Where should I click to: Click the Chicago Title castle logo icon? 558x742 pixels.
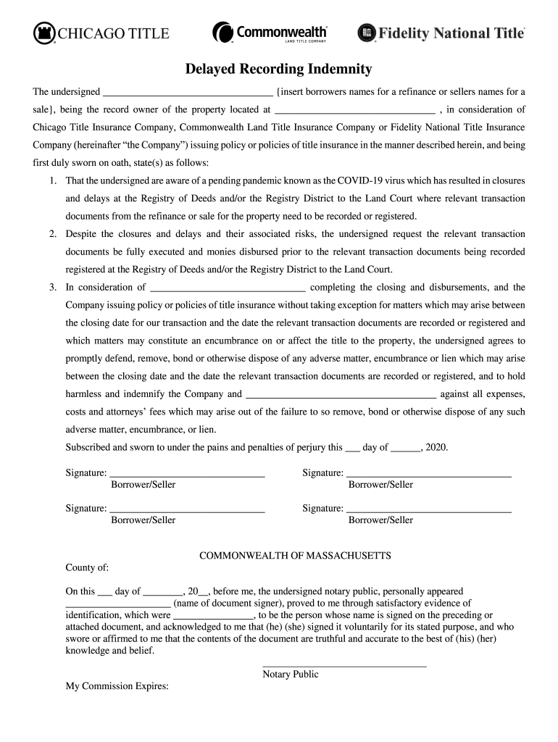(x=44, y=33)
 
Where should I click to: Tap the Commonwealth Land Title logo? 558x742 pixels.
(x=270, y=33)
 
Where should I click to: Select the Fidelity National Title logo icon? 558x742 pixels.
(x=367, y=33)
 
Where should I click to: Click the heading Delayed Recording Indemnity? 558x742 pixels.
(x=278, y=70)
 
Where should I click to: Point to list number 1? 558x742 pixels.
(x=53, y=180)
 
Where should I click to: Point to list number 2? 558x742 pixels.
(x=53, y=234)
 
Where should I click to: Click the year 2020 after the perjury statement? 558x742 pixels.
(x=436, y=448)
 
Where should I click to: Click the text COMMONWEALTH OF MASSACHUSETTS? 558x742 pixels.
(x=295, y=556)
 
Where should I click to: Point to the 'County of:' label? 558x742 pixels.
(x=87, y=567)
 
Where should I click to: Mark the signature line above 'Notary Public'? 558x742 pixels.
(x=344, y=664)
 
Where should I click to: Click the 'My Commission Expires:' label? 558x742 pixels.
(x=117, y=685)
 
